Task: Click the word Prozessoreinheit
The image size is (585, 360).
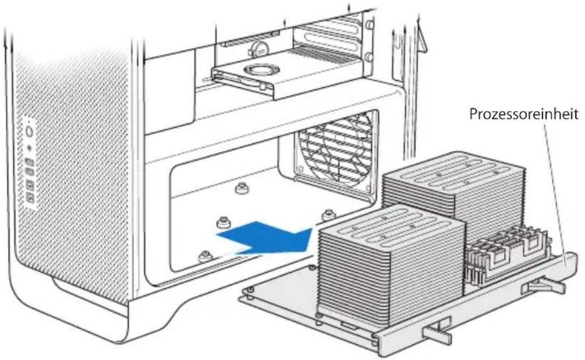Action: pos(524,114)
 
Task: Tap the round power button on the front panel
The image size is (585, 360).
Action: pos(30,132)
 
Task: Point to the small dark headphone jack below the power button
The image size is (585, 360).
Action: pos(30,148)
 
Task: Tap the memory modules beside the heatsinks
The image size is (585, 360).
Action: pos(506,256)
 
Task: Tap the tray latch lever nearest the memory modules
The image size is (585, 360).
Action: pos(543,288)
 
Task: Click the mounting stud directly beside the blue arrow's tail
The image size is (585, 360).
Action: pos(223,223)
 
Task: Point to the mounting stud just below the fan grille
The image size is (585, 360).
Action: pos(328,215)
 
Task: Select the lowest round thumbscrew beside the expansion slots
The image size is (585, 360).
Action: pos(369,57)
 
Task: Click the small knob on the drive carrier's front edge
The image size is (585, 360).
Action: pos(263,87)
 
